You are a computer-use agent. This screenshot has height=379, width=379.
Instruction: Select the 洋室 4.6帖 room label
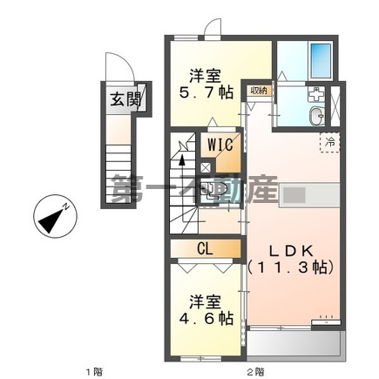pos(206,310)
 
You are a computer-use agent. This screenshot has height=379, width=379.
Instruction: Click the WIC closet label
pos(219,143)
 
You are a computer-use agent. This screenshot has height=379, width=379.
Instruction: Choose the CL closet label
pos(206,247)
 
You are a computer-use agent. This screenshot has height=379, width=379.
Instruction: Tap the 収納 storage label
pos(259,90)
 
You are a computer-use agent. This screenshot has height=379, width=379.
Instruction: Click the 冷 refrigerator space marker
pos(331,140)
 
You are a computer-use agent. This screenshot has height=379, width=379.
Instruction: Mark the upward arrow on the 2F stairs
pos(182,162)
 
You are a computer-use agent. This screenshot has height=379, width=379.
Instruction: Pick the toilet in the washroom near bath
pos(316,118)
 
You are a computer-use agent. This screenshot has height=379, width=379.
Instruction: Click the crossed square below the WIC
pos(206,168)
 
